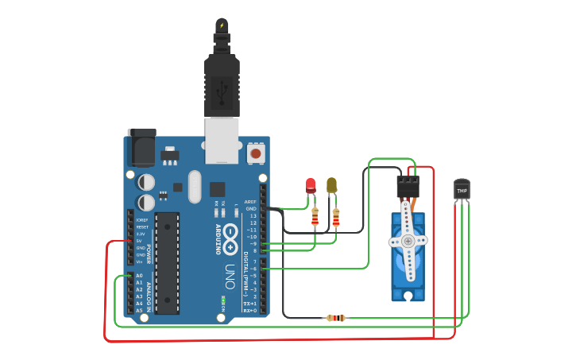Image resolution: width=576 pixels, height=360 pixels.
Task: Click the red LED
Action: coord(311,185)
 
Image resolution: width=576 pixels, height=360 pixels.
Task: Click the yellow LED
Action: coord(331,185)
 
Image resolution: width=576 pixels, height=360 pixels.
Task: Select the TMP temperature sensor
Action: coord(462,190)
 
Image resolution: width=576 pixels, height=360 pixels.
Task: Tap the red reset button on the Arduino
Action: coord(256,152)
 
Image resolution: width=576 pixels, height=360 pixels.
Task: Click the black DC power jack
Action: coord(141,147)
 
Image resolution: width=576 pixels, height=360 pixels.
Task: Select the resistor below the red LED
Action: coord(315,216)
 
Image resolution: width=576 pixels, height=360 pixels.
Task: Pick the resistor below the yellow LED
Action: coord(336,217)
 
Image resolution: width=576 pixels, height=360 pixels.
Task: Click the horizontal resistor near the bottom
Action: coord(336,318)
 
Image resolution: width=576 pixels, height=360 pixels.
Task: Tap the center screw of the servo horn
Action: coord(408,240)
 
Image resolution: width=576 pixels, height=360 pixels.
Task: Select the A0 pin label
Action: coord(139,276)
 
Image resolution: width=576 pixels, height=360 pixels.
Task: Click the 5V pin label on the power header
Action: coord(140,241)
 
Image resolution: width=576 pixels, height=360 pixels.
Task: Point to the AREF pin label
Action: coord(251,202)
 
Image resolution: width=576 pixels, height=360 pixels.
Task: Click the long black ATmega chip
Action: coord(167,262)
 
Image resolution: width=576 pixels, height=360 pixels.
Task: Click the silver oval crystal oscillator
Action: coord(195,187)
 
